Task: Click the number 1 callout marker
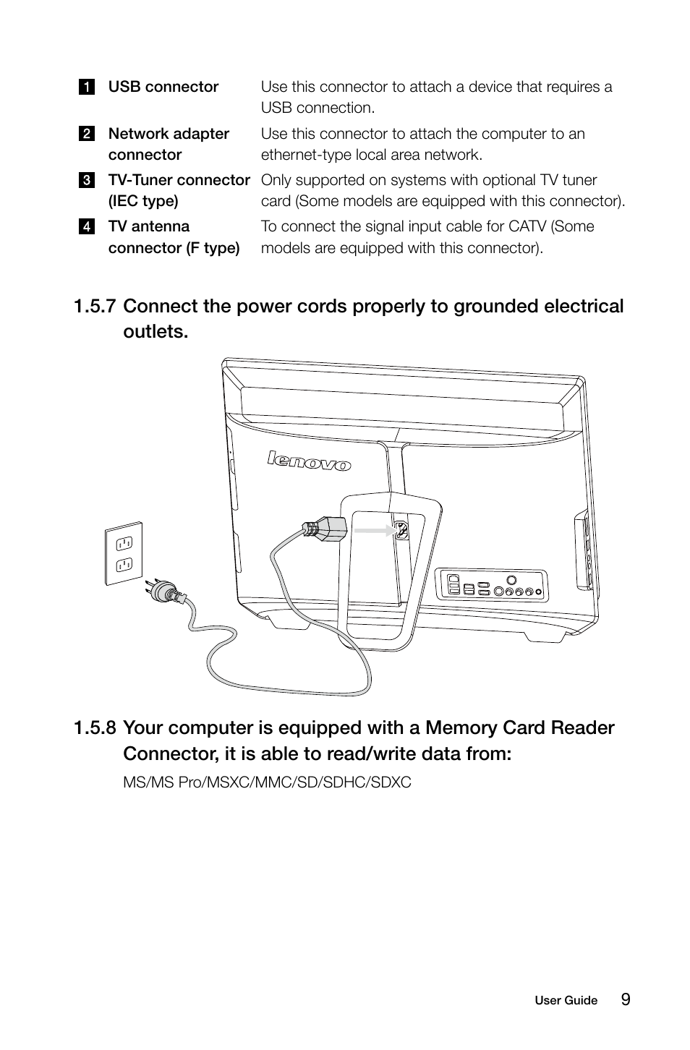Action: coord(86,87)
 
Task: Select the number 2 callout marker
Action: coord(86,134)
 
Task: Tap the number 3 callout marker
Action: coord(86,180)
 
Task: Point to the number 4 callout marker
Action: coord(86,226)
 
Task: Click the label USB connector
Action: coord(163,87)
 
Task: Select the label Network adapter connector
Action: coord(169,144)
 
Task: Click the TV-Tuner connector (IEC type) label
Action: coord(179,190)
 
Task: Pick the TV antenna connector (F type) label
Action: coord(174,237)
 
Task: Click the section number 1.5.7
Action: coord(94,307)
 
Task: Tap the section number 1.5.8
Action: coord(94,728)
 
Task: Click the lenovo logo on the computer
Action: coord(309,461)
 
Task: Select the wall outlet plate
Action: coord(124,553)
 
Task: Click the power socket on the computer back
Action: coord(402,531)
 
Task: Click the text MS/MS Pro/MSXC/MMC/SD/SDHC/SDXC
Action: coord(267,782)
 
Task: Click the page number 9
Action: coord(625,999)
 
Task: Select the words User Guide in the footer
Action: coord(566,1001)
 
